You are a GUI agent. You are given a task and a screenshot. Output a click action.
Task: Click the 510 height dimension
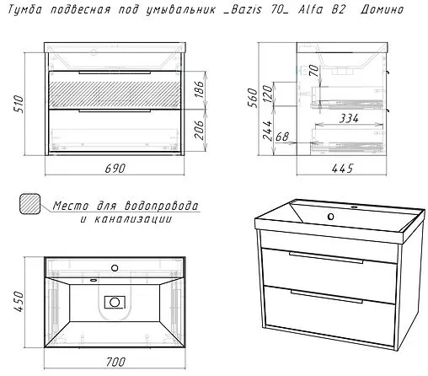[x=19, y=104]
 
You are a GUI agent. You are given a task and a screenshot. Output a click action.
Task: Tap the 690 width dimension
[x=115, y=169]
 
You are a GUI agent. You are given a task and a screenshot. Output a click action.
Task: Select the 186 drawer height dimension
[x=199, y=89]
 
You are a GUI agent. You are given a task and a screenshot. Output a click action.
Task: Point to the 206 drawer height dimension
[x=199, y=130]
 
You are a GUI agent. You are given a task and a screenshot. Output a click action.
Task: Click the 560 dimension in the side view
[x=253, y=98]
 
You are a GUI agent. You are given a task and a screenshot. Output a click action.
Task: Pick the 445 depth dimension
[x=342, y=169]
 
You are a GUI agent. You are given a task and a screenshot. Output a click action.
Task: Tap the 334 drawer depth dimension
[x=349, y=118]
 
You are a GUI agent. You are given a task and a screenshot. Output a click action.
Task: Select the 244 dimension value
[x=267, y=131]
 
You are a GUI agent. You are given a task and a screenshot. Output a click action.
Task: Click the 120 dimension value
[x=268, y=94]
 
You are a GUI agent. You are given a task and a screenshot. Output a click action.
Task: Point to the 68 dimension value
[x=282, y=137]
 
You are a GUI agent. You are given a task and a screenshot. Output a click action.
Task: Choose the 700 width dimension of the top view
[x=115, y=362]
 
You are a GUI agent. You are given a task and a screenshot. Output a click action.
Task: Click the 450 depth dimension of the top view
[x=19, y=302]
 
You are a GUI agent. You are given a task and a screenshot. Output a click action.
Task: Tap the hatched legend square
[x=29, y=204]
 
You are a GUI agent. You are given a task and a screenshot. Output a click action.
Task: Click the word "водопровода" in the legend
[x=162, y=206]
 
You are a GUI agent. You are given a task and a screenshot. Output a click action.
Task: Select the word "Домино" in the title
[x=382, y=9]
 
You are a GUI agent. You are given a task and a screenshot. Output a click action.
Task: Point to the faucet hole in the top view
[x=115, y=268]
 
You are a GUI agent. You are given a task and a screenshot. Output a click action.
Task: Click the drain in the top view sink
[x=115, y=302]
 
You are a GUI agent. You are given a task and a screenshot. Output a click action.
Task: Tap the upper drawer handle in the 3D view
[x=326, y=258]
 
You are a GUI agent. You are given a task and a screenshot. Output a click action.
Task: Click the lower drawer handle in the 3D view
[x=327, y=297]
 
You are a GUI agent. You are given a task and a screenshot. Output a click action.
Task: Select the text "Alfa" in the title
[x=311, y=9]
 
